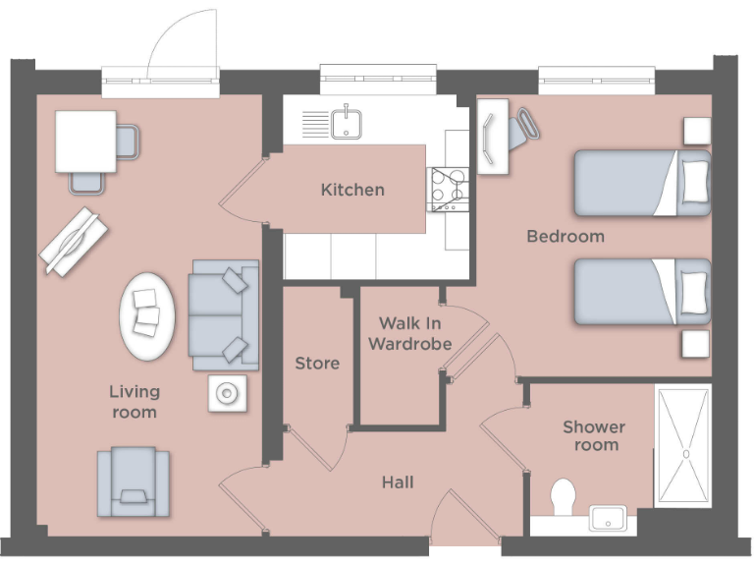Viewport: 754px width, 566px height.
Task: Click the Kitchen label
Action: coord(352,190)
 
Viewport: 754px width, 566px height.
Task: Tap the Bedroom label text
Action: coord(565,237)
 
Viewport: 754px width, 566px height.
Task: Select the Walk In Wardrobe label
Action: coord(415,333)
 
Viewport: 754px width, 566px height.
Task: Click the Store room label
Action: coord(317,364)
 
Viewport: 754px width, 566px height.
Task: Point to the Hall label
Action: coord(398,482)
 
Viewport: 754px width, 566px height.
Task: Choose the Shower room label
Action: coord(593,436)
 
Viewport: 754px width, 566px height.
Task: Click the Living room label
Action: coord(135,402)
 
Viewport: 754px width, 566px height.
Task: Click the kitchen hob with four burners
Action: coord(448,190)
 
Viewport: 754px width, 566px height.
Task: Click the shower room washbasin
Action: coord(613,518)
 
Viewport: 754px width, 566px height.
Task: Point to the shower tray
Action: coord(682,446)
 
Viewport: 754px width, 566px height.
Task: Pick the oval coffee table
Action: coord(148,314)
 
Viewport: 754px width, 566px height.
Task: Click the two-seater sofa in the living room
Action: coord(224,314)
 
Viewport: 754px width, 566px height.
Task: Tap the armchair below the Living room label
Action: coord(133,481)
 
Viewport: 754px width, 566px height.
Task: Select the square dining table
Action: coord(85,141)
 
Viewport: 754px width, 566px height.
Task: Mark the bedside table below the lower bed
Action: coord(696,344)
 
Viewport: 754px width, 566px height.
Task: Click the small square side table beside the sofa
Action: coord(227,394)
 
